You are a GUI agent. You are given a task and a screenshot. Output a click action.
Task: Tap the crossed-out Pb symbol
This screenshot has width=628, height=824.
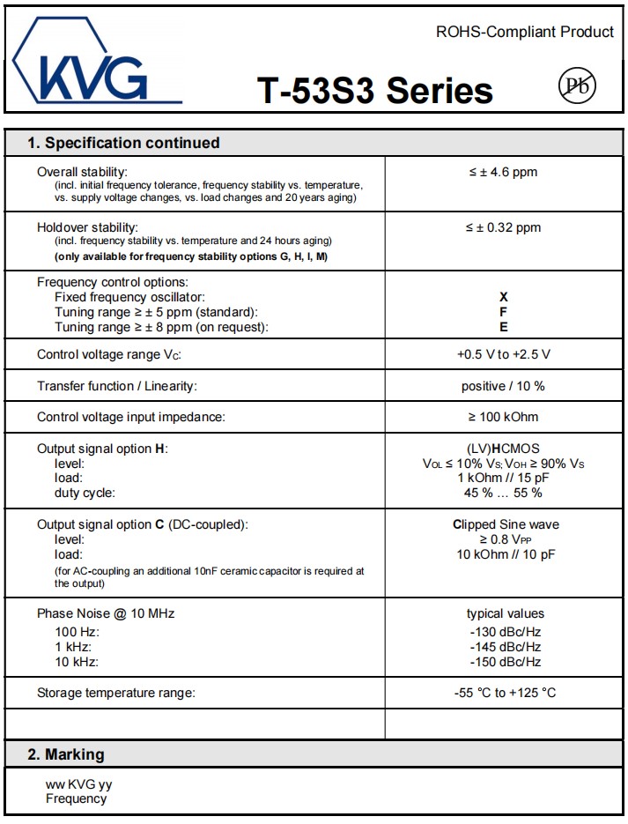577,85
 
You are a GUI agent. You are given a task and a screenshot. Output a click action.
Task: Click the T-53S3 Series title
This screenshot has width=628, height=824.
375,90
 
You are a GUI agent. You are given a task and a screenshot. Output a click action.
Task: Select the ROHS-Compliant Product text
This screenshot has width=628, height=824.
525,32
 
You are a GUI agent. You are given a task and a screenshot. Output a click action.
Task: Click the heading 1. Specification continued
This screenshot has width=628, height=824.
123,143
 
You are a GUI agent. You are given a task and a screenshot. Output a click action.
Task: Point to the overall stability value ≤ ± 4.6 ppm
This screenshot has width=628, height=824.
503,172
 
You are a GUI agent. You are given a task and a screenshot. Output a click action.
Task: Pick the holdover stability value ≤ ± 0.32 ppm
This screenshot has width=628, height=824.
503,227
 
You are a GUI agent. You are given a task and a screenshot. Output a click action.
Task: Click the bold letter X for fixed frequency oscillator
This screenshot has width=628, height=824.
504,297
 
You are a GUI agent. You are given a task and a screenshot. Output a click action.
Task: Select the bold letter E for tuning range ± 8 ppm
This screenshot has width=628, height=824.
504,327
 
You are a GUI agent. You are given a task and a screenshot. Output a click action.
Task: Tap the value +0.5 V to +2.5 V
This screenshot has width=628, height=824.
503,354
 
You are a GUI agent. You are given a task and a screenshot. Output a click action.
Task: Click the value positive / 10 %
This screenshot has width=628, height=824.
503,386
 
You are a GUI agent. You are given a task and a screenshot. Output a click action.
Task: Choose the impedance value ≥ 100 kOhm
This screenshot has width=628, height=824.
503,416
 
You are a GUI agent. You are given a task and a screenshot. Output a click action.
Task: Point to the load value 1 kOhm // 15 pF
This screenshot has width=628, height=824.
503,478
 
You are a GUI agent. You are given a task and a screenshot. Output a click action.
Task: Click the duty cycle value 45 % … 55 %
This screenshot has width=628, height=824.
503,493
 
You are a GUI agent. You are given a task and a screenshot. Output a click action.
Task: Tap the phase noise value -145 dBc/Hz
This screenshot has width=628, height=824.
506,647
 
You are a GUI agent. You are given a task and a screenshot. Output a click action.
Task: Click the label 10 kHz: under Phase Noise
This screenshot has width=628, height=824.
77,662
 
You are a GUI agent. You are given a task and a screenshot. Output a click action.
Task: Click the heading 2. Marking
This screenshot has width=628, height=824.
66,754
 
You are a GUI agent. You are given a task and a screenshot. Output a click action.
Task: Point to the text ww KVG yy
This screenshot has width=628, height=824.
78,784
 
